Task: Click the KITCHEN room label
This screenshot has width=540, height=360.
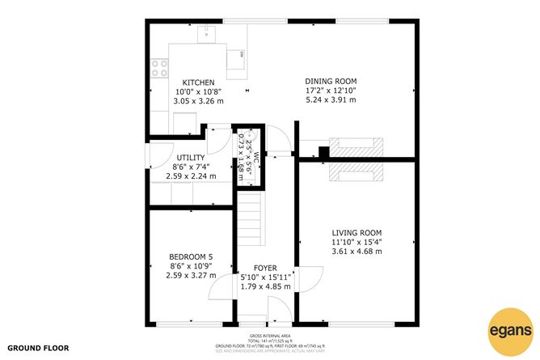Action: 198,83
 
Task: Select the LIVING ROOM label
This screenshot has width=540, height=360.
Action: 356,232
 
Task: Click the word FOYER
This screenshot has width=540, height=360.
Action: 265,268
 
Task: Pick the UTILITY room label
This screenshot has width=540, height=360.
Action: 191,157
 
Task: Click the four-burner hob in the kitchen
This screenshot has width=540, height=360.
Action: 158,70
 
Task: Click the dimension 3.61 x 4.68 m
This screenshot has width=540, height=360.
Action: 356,252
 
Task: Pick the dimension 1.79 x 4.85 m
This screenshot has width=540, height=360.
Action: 266,287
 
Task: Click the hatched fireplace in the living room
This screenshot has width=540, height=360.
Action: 355,172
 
